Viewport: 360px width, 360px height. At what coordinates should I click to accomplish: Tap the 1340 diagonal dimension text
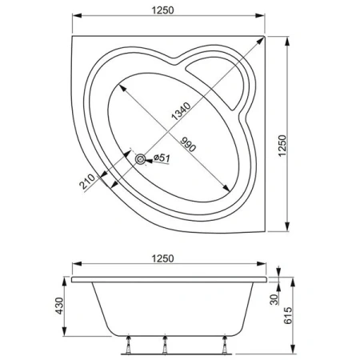[175, 114]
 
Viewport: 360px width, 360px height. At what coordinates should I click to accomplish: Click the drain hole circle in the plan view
[142, 159]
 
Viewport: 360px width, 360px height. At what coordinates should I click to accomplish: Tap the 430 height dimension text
[58, 308]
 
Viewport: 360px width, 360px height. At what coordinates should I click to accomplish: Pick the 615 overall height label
[295, 308]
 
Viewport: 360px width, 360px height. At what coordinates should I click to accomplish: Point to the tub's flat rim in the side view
[168, 279]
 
